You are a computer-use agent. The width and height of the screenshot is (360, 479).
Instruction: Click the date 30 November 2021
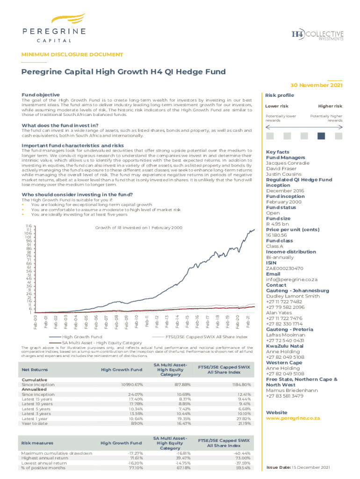click(x=317, y=85)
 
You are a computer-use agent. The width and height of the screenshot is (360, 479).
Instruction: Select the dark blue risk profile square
click(x=321, y=136)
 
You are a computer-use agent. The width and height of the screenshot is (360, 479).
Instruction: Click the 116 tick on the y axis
click(x=29, y=225)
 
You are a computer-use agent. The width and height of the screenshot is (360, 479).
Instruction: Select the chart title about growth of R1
click(x=138, y=227)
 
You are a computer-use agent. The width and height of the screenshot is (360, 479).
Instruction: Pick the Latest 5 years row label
click(x=37, y=409)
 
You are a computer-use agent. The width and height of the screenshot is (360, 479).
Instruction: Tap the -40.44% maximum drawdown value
click(x=241, y=453)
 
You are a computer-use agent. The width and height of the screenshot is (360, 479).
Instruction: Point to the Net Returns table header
click(x=35, y=370)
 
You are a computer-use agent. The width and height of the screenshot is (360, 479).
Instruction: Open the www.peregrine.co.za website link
click(x=292, y=418)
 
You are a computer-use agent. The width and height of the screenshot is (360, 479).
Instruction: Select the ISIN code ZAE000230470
click(x=284, y=269)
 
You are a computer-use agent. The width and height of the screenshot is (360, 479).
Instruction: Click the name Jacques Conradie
click(x=288, y=163)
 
